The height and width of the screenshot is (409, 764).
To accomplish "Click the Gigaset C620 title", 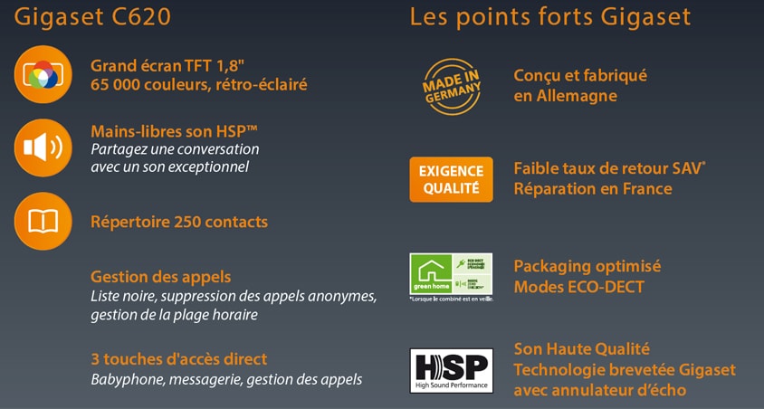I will pos(92,16).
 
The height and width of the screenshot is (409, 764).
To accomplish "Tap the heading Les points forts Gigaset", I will pos(550,16).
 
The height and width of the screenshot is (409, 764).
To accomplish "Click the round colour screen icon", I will pos(43,74).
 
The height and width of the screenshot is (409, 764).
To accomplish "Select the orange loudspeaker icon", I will pos(43,147).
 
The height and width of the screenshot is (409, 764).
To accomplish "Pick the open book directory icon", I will pos(43,221).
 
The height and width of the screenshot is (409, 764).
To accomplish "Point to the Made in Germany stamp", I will pos(451,85).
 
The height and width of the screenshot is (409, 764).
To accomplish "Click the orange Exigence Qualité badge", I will pos(451,179).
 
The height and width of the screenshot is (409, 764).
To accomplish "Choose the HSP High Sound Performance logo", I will pos(451,370).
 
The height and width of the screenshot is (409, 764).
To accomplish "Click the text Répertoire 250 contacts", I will pos(179,222).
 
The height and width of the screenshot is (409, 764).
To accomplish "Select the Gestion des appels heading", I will pos(160,277).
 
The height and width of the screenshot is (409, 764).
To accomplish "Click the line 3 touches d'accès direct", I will pos(178,359).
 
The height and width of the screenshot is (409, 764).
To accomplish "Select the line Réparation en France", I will pos(592,188).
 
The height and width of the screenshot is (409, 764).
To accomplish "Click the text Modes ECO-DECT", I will pos(578,287).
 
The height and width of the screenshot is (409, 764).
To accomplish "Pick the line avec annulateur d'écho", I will pos(599,390).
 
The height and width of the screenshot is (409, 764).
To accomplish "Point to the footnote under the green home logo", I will pos(451,299).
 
